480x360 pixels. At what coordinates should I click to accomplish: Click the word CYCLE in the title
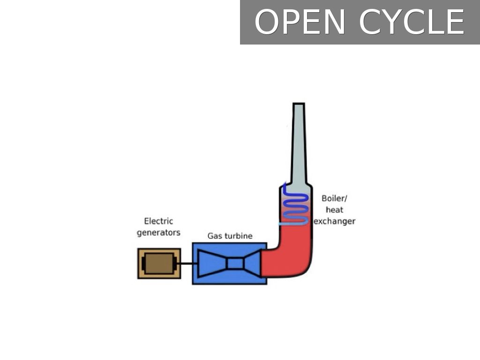(x=412, y=22)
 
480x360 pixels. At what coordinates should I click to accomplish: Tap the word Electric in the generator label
(x=158, y=221)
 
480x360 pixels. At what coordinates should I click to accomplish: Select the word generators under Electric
(x=158, y=232)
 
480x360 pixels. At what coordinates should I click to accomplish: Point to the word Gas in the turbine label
(x=215, y=236)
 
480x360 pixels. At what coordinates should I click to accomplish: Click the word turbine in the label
(x=238, y=236)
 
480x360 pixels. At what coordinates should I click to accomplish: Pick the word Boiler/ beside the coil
(x=335, y=198)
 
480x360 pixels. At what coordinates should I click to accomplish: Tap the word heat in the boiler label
(x=334, y=210)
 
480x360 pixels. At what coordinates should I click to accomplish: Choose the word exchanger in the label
(x=334, y=221)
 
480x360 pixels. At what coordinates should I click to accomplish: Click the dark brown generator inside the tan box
(x=158, y=263)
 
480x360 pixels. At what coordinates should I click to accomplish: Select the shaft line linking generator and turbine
(x=186, y=263)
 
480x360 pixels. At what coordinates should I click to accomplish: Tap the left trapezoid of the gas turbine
(x=212, y=263)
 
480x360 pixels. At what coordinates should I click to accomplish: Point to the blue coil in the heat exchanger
(x=295, y=206)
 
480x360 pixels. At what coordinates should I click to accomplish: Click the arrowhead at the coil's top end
(x=285, y=186)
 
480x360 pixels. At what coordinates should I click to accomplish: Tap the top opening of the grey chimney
(x=299, y=105)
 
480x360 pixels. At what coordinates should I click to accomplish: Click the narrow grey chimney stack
(x=299, y=145)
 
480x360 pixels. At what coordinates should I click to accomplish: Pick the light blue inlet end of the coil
(x=283, y=224)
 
